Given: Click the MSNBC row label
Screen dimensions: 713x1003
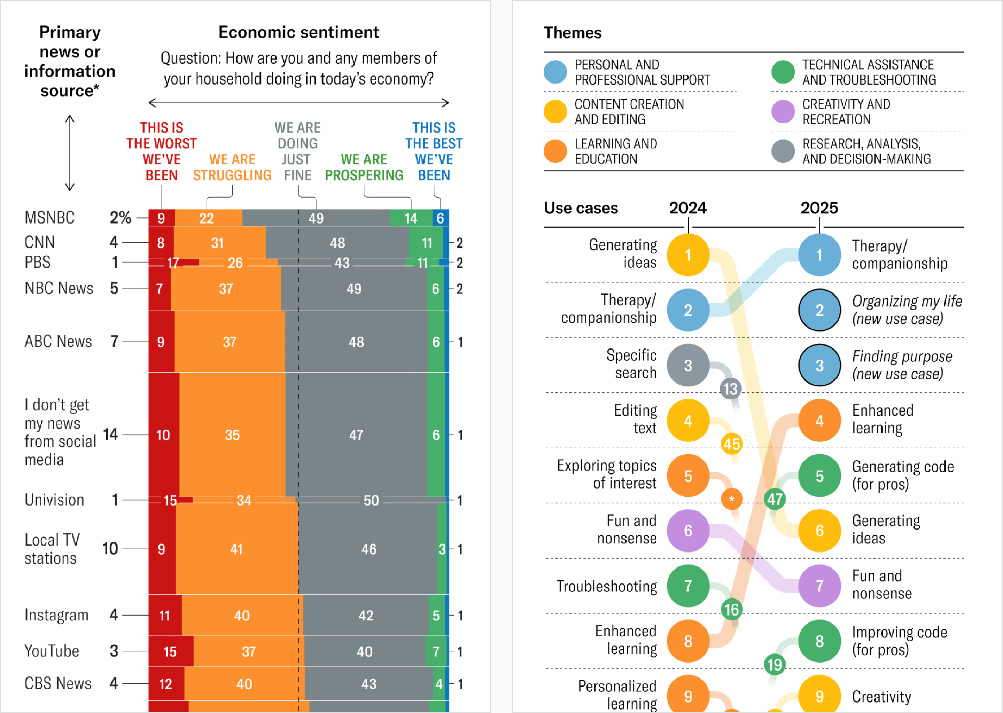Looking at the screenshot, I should tap(49, 218).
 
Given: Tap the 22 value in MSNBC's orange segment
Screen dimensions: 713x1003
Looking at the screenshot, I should tap(207, 218).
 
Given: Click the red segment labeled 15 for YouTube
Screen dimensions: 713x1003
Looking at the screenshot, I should tap(170, 651).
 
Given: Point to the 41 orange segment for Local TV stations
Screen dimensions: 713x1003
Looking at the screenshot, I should tap(236, 549).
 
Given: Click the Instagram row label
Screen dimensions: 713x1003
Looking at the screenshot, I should tap(56, 615).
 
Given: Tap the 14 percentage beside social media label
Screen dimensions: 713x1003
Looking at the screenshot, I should tap(110, 434).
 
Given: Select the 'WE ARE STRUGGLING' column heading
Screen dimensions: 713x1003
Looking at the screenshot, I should tap(232, 167).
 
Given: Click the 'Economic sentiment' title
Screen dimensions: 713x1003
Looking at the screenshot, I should tap(298, 32).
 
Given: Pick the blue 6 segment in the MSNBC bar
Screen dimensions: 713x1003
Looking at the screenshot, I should tap(440, 218).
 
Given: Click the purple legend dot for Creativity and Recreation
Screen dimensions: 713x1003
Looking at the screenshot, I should tap(783, 111).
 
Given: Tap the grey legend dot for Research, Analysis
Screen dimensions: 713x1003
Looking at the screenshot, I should tap(783, 151).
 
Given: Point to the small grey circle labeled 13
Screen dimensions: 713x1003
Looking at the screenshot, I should tap(730, 389).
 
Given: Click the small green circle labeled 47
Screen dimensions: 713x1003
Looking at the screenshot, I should tap(775, 499).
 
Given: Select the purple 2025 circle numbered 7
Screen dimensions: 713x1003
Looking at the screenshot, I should tap(819, 586).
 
